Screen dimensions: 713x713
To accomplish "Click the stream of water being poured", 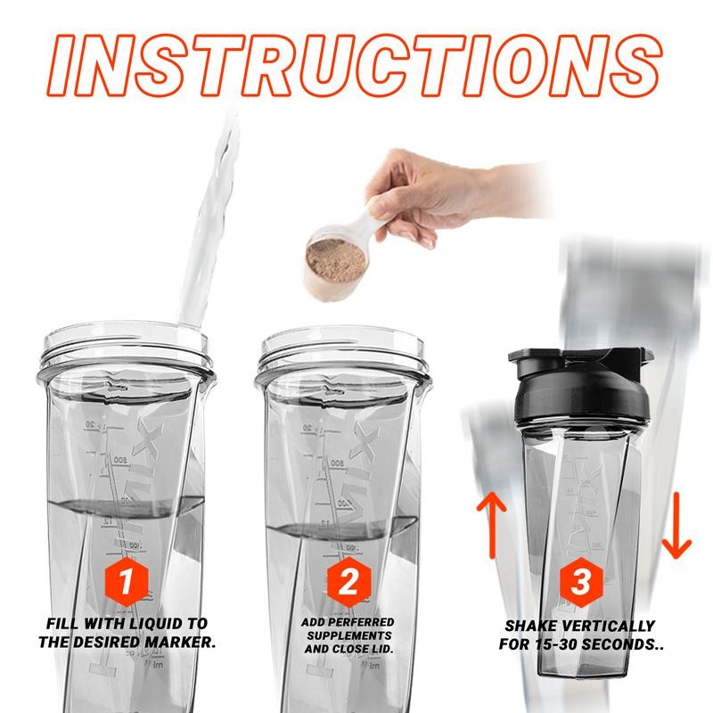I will [x=207, y=232].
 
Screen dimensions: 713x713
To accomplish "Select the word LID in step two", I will [x=381, y=648].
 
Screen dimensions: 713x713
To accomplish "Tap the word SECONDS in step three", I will [x=627, y=645].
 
